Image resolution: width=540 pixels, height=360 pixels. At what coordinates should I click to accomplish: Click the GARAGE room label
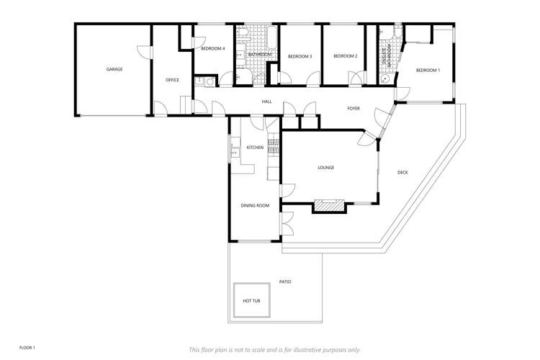pos(114,70)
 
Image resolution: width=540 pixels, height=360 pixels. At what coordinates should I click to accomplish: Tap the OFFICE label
pos(172,80)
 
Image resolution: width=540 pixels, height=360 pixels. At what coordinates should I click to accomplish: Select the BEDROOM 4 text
pos(213,48)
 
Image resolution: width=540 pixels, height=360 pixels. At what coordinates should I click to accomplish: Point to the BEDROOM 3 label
pos(300,56)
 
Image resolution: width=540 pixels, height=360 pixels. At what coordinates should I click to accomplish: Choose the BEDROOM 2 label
pos(345,56)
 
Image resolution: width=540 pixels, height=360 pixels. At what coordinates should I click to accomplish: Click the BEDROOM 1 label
pos(428,70)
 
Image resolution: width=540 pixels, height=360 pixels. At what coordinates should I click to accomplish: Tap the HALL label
pos(266,102)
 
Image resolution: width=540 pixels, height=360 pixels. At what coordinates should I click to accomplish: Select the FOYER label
pos(354,109)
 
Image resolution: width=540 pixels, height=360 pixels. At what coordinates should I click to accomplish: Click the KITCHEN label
pos(255,148)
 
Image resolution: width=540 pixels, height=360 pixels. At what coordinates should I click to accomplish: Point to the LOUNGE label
pos(326,168)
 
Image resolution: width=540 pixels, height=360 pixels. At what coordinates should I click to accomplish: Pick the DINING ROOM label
pos(255,206)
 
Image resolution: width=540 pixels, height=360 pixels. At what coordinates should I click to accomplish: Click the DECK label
pos(402,172)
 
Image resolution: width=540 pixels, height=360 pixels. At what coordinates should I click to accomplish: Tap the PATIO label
pos(285,282)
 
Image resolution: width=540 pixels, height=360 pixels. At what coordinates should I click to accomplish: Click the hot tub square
pos(251,300)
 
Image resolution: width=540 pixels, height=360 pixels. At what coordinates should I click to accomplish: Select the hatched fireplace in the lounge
pos(329,207)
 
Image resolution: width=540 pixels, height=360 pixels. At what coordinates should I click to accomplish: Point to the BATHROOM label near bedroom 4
pos(260,54)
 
